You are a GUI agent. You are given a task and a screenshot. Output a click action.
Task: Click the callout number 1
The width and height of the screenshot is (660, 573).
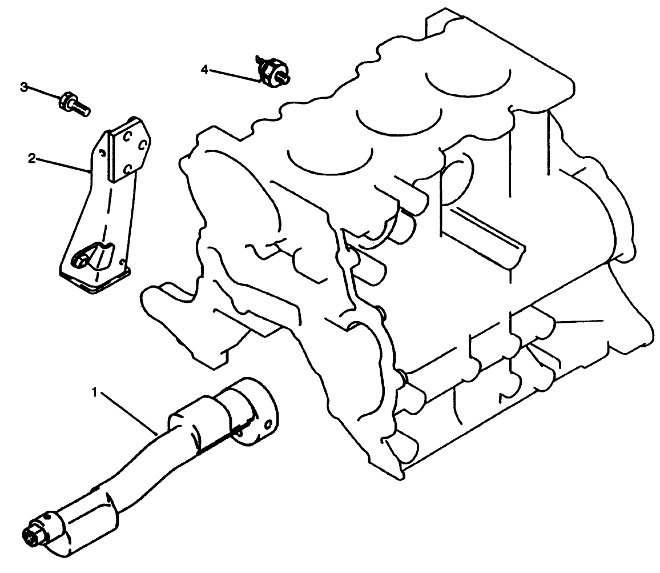tap(96, 392)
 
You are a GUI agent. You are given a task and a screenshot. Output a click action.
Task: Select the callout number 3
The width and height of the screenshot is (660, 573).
tap(24, 87)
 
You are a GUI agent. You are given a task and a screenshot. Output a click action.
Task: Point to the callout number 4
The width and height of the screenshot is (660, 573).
tap(204, 69)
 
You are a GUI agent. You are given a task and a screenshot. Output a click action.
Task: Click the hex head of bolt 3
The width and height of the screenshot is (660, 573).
tap(66, 100)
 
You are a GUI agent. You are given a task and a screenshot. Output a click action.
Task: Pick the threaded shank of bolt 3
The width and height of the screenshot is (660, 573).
tap(81, 109)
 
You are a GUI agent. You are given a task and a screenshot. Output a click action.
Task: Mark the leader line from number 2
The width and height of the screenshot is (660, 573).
tap(63, 165)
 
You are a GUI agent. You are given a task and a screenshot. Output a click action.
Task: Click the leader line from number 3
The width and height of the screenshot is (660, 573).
tap(43, 93)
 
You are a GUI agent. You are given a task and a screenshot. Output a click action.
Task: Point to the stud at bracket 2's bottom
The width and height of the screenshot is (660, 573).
tap(78, 260)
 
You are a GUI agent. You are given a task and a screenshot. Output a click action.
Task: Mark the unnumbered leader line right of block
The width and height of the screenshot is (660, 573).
tap(579, 322)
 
